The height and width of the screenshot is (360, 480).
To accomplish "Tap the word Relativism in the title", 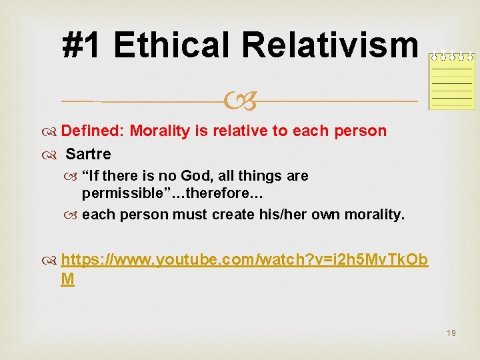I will tap(330, 45).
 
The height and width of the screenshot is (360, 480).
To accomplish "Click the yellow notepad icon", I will tap(451, 80).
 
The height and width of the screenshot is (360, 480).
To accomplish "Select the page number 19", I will tap(451, 333).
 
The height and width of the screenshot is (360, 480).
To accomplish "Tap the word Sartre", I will tap(89, 154).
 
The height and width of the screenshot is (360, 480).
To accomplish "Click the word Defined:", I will tap(97, 131).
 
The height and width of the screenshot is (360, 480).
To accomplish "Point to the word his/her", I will tap(284, 215).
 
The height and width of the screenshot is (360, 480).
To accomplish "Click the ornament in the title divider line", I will tap(240, 101).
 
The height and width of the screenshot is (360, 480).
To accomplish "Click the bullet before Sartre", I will tap(54, 155).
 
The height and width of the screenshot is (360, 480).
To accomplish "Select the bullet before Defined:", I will tap(54, 131).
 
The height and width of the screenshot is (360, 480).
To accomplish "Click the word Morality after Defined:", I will tap(159, 131).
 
